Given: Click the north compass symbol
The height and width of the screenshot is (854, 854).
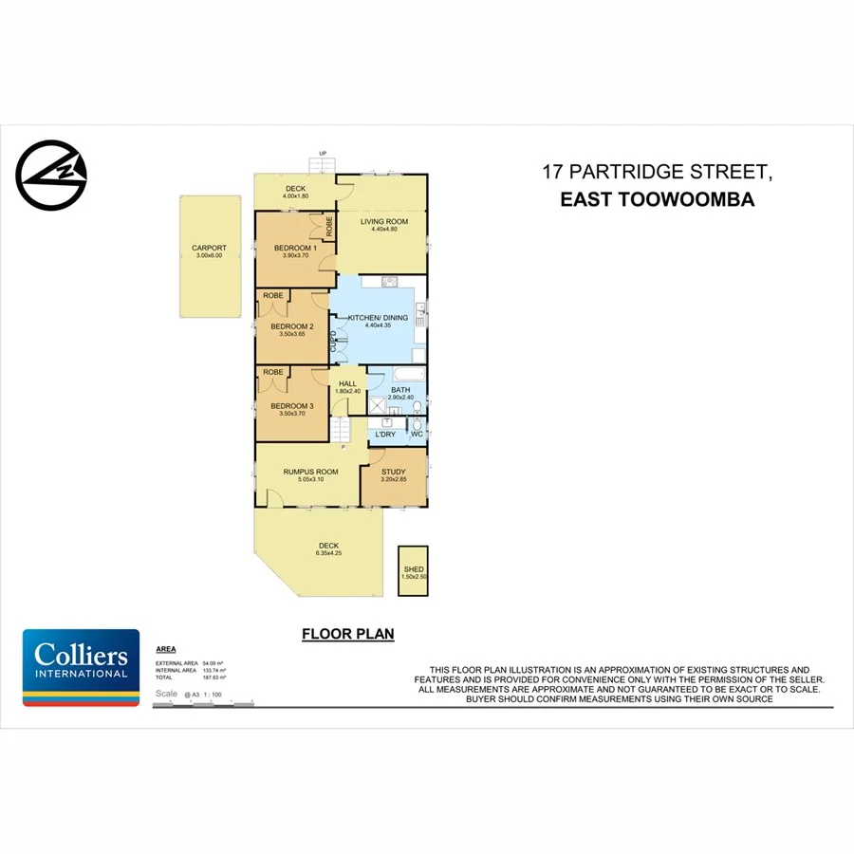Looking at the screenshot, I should pos(51,175).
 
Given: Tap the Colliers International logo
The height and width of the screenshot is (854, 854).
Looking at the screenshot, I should pos(81,668).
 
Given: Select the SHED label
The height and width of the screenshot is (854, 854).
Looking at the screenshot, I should pos(412,569).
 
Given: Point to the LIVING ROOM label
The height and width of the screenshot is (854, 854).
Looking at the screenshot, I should pos(383,221).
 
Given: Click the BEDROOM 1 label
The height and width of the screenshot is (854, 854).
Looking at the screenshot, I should pos(294,249).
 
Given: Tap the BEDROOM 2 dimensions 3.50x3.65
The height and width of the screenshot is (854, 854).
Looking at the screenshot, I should pos(292,334).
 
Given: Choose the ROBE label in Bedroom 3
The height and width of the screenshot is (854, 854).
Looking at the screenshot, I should pos(273,372).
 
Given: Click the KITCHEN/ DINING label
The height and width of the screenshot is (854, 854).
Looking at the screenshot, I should pos(378,318).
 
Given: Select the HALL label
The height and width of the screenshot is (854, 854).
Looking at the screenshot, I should pos(347,383).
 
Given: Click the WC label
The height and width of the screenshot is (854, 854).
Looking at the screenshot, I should pos(417,434).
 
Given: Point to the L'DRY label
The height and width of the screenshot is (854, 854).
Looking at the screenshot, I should pos(384,434).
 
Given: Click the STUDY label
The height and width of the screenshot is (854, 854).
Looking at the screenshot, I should pos(393,472).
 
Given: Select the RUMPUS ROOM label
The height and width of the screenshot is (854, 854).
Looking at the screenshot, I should pos(310,472).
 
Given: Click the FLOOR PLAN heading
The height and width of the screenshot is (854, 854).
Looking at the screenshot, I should pos(347,634).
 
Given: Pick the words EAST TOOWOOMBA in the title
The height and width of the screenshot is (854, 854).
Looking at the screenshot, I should pos(657,200).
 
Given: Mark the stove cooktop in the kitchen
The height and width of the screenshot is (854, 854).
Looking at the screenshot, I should pos(389,282).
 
